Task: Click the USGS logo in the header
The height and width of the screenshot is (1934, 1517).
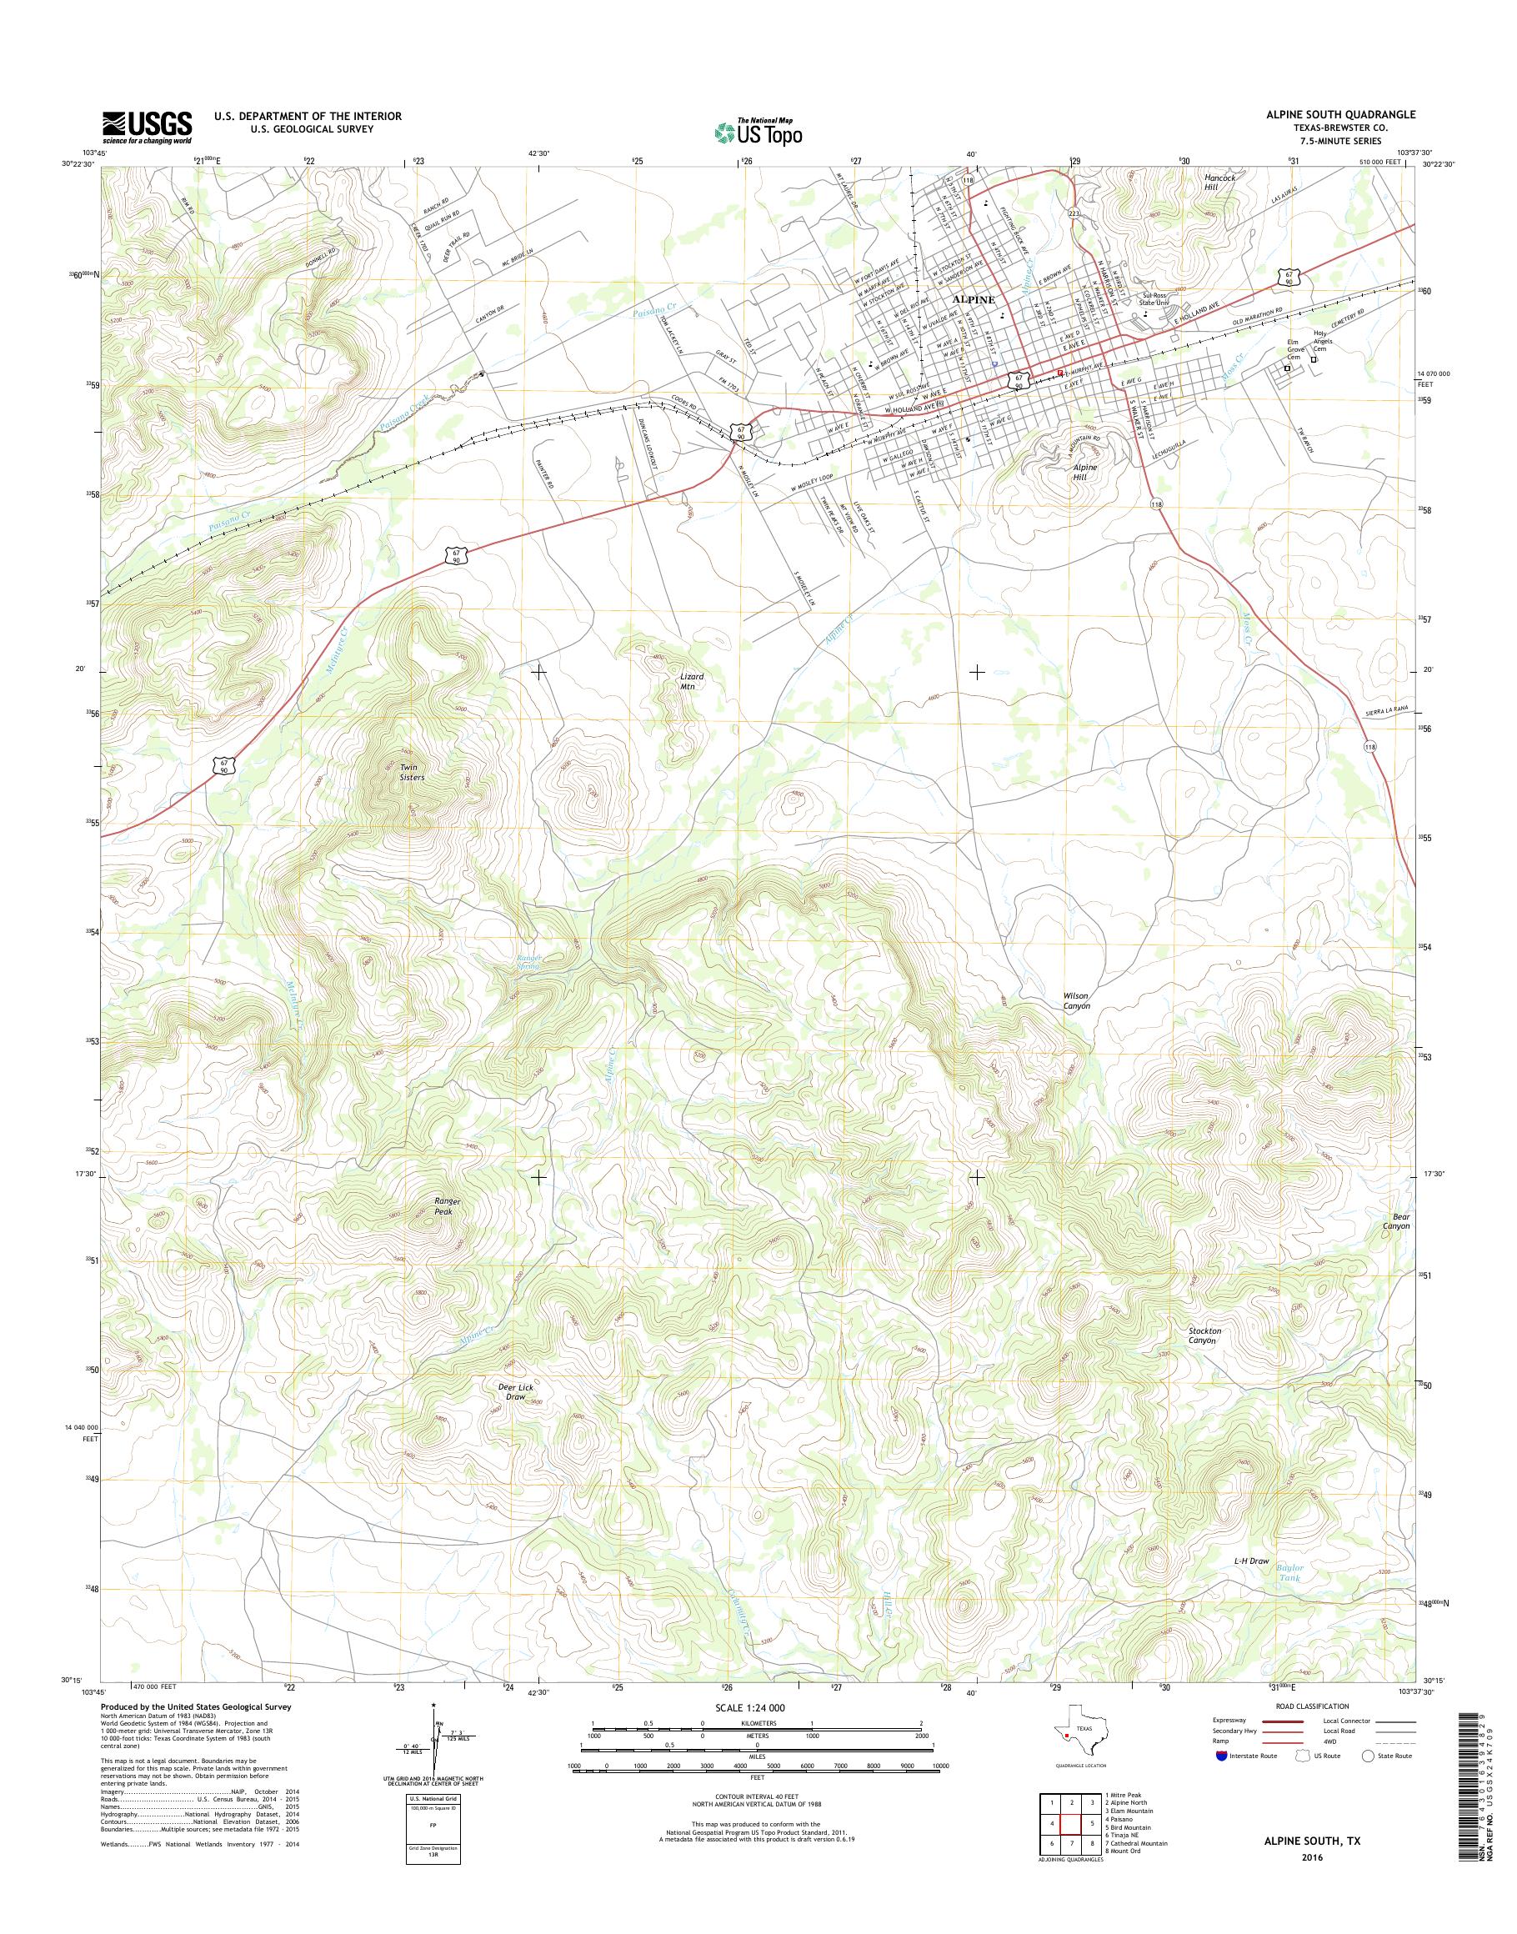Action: coord(147,127)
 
